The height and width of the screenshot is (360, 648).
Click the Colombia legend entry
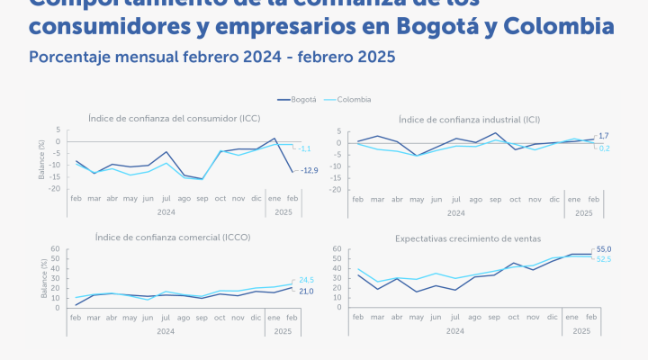point(354,99)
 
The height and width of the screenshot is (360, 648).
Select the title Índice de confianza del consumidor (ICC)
point(175,118)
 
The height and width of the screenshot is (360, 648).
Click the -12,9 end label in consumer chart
point(310,170)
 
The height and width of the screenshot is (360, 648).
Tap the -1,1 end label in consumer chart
point(305,148)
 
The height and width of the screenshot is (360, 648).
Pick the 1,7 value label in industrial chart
point(603,135)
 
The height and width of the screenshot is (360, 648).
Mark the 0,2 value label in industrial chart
point(604,148)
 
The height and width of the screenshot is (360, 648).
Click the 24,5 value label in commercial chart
point(306,280)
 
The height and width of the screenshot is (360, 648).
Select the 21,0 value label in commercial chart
point(306,291)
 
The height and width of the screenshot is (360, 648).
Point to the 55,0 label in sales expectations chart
point(604,248)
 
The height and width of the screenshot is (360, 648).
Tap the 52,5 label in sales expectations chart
point(604,259)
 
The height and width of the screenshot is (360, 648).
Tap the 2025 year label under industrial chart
point(583,213)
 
